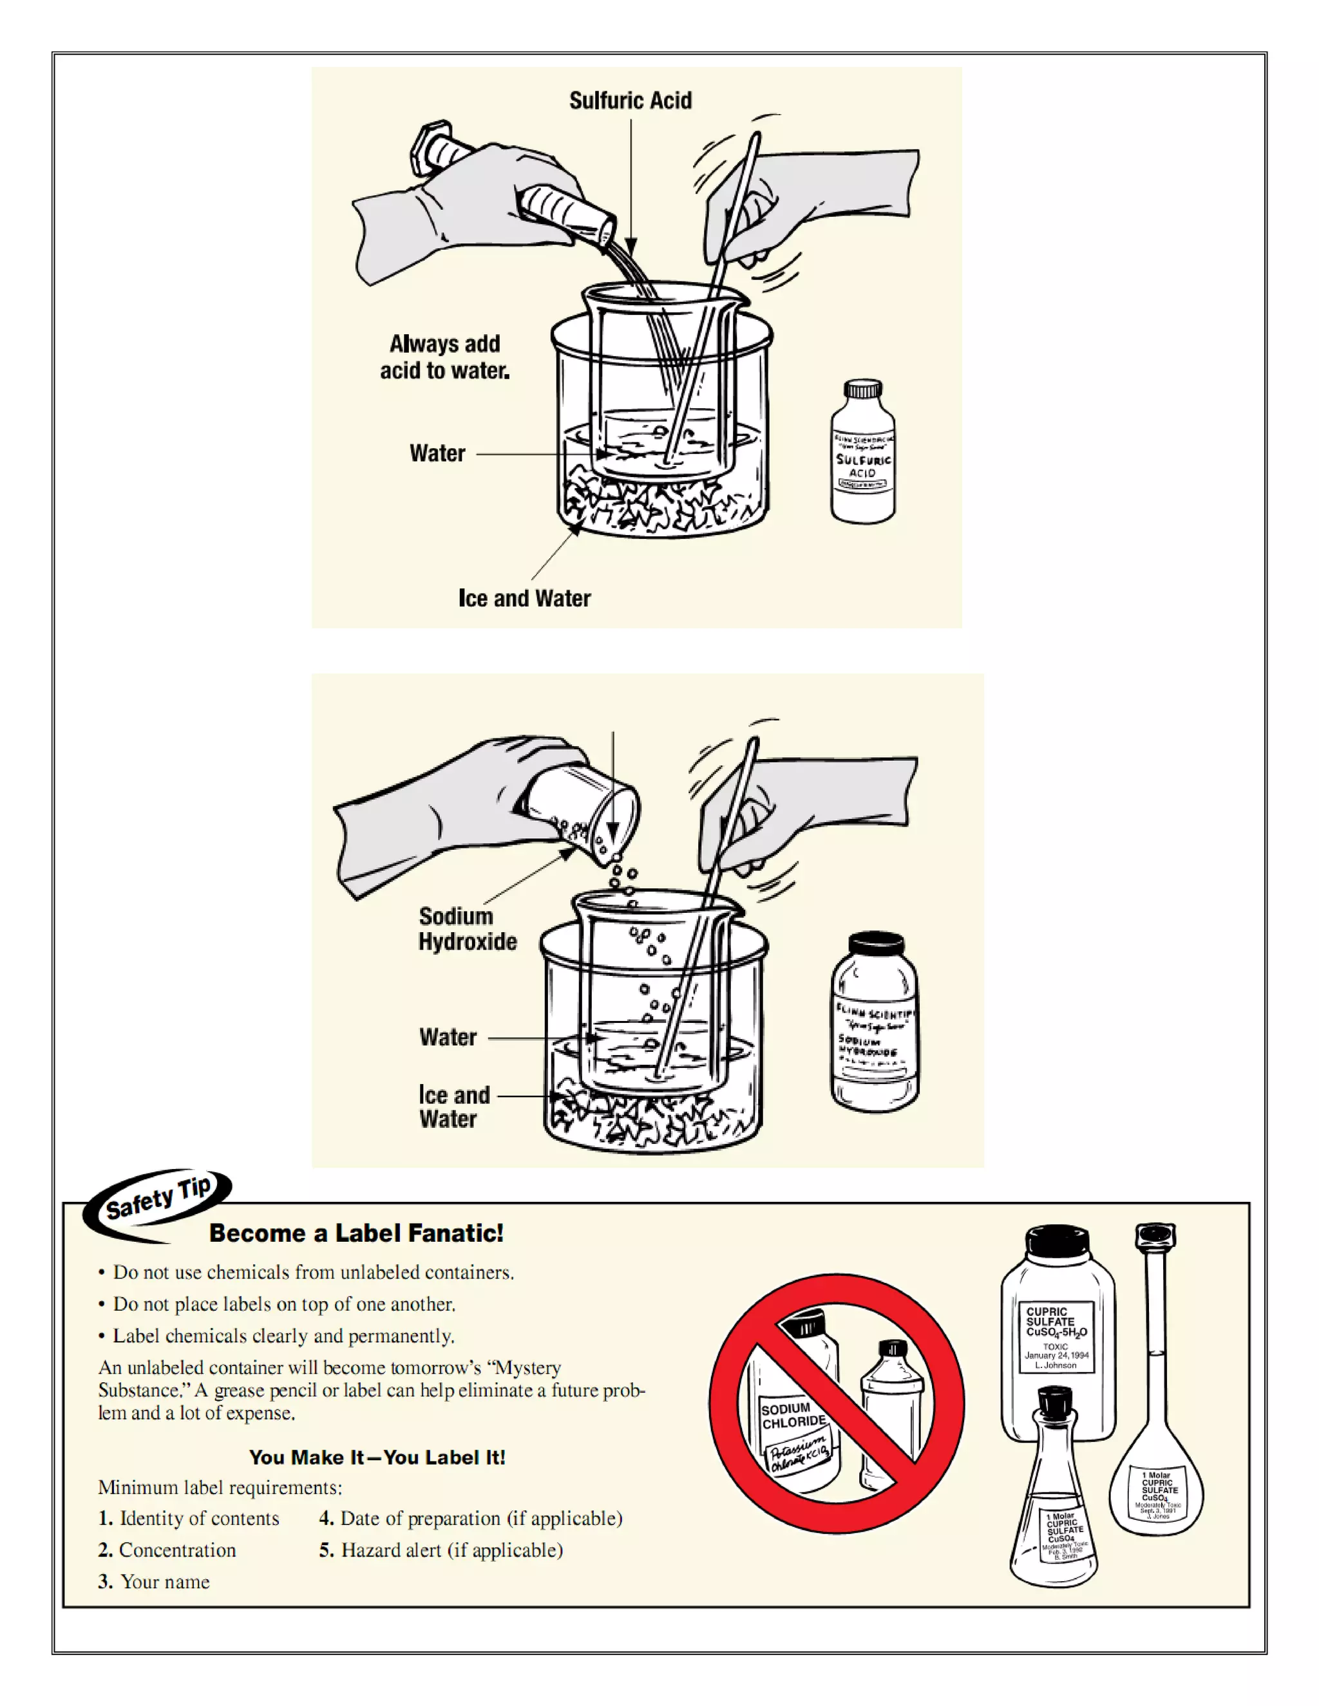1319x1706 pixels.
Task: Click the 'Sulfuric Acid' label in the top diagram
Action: [630, 101]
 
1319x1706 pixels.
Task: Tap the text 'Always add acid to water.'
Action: [444, 357]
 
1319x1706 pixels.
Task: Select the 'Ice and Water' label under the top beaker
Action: [524, 598]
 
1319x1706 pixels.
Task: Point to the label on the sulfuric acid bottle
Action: [862, 461]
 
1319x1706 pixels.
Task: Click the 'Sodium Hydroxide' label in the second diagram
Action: [468, 929]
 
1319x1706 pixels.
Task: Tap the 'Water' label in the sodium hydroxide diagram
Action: [448, 1037]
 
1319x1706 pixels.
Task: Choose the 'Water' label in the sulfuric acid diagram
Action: [437, 453]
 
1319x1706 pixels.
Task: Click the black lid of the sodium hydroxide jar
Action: [876, 944]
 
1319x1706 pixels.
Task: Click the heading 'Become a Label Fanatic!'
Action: [356, 1233]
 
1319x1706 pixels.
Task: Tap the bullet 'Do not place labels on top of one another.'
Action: [283, 1304]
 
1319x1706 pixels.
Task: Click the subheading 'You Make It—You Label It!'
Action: [377, 1458]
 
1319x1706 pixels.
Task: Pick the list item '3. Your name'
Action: [154, 1582]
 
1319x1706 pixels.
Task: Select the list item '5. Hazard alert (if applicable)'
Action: [441, 1550]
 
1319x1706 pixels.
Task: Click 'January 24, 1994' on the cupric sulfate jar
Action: [1056, 1355]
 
